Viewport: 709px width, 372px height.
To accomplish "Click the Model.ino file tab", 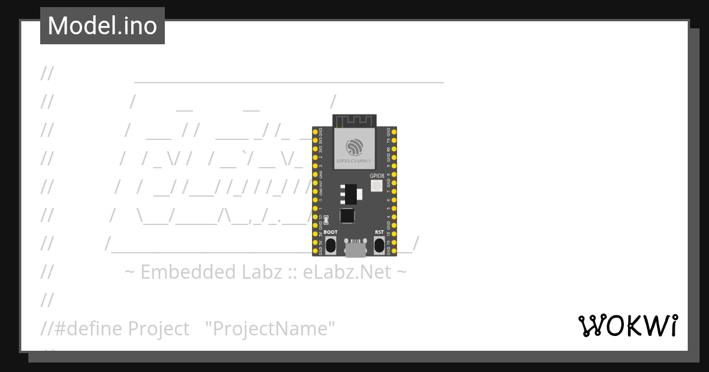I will (102, 26).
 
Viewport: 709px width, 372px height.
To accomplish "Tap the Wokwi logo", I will (627, 325).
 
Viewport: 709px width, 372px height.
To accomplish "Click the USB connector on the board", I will (354, 249).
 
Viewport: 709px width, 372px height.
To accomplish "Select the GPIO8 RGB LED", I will (376, 185).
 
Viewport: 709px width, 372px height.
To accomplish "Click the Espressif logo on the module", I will (354, 146).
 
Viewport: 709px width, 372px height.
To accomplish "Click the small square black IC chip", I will (347, 216).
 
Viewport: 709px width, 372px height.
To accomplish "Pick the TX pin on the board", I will (394, 141).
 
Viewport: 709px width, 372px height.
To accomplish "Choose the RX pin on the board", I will (394, 149).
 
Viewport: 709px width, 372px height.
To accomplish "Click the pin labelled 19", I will (394, 242).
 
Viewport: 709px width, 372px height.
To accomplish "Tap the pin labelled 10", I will (315, 217).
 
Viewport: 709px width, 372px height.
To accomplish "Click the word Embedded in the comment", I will (188, 272).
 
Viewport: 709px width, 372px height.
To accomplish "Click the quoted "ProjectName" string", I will (270, 328).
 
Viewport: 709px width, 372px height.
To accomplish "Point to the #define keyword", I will (89, 328).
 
